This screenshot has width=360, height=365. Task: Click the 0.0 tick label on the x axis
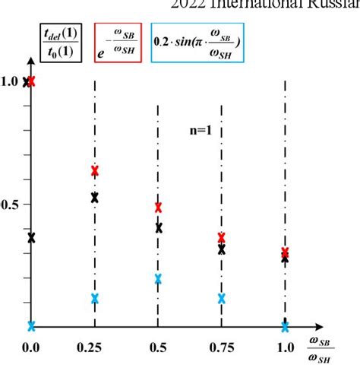pos(31,348)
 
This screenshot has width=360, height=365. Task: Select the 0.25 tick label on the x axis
pos(94,348)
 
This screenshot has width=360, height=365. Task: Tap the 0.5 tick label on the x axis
pos(158,348)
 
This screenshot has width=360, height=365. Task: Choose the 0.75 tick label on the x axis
pos(221,348)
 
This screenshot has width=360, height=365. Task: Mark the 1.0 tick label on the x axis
pos(285,348)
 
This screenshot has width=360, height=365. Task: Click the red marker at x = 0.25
pos(95,170)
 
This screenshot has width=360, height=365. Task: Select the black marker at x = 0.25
pos(95,198)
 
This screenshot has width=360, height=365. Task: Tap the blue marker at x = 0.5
pos(158,278)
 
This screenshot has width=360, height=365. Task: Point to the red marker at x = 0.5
pos(158,207)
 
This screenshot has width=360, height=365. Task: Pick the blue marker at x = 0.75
pos(222,298)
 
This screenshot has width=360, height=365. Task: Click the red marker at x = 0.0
pos(32,80)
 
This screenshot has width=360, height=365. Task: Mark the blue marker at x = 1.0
pos(285,327)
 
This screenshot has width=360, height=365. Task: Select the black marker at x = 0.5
pos(158,227)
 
